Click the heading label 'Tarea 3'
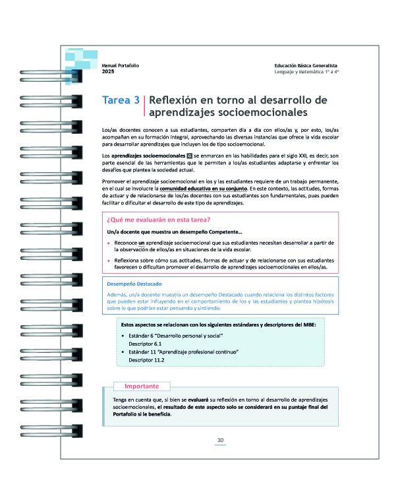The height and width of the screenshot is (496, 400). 121,101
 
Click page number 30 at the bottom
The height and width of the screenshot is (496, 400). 221,441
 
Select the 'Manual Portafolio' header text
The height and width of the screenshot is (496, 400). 121,65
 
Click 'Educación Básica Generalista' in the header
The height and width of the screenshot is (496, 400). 306,65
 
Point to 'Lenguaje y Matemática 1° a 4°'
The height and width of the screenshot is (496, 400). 306,71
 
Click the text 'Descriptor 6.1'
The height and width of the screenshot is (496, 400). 146,344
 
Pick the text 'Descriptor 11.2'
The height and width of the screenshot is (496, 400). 147,360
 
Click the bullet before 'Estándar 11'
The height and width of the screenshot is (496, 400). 124,352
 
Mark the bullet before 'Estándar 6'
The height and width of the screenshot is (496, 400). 124,336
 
